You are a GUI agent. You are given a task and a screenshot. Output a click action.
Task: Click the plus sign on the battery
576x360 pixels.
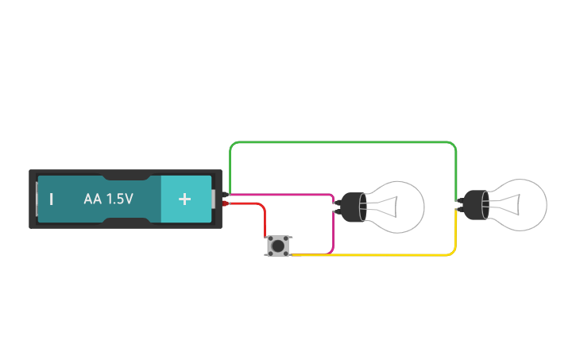click(x=184, y=199)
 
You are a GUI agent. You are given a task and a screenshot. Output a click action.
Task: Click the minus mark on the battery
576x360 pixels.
click(x=51, y=199)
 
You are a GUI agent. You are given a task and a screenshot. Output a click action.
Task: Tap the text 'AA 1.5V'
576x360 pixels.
click(x=108, y=199)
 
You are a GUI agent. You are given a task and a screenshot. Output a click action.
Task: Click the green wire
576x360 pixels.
click(x=342, y=142)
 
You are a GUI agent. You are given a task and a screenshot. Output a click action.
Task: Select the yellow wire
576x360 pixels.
click(x=373, y=255)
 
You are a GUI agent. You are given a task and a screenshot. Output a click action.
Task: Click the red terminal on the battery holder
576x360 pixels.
click(x=226, y=204)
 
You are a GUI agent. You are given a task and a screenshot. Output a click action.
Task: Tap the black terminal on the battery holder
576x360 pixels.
click(x=226, y=194)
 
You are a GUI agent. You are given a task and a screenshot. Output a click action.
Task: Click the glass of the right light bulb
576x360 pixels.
click(x=518, y=205)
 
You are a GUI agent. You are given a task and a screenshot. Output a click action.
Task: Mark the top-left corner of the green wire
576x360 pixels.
click(x=231, y=145)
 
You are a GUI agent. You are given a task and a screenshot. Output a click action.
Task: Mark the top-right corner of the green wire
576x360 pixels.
click(x=454, y=145)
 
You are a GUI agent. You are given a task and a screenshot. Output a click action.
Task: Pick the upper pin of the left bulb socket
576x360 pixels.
click(x=336, y=201)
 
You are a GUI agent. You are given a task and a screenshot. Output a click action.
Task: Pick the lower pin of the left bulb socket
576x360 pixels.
click(x=336, y=211)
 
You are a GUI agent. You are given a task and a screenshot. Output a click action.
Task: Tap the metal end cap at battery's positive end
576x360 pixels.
click(x=214, y=199)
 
